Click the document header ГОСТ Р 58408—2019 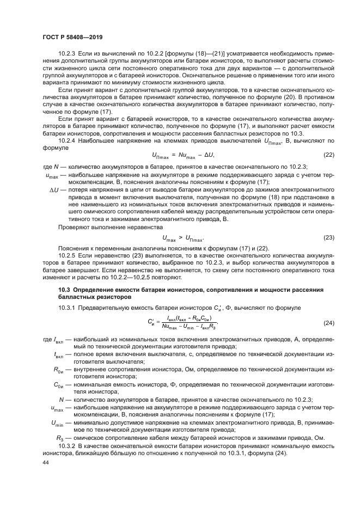[x=72, y=36]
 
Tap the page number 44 [x=46, y=463]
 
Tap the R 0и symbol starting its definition [x=59, y=369]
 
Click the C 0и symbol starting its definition [x=59, y=384]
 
